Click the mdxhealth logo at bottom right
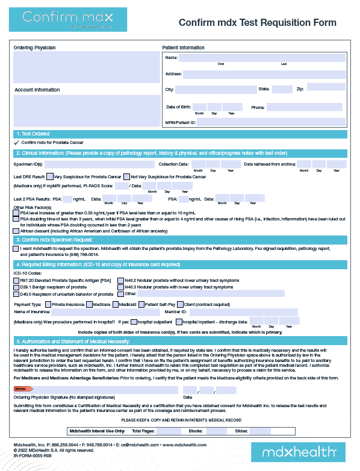pyautogui.click(x=299, y=451)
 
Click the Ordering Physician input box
pyautogui.click(x=84, y=67)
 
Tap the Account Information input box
pyautogui.click(x=84, y=110)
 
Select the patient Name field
pyautogui.click(x=262, y=58)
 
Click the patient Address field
pyautogui.click(x=264, y=75)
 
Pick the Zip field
pyautogui.click(x=326, y=89)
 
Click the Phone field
pyautogui.click(x=306, y=107)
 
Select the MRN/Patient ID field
pyautogui.click(x=272, y=122)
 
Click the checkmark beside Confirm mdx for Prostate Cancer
pyautogui.click(x=17, y=143)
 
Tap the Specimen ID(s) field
pyautogui.click(x=99, y=164)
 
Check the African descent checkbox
pyautogui.click(x=16, y=231)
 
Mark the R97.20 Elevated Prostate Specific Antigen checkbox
pyautogui.click(x=16, y=281)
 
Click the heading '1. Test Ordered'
pyautogui.click(x=33, y=133)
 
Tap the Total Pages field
pyautogui.click(x=168, y=431)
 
